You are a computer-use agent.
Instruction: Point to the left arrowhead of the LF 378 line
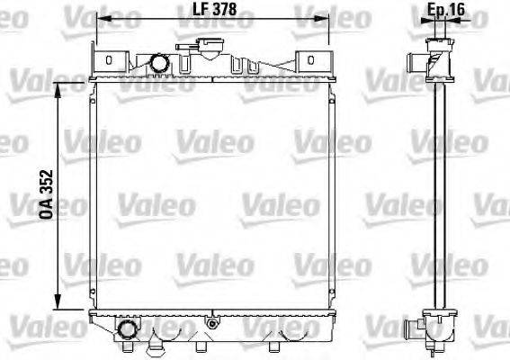tap(99, 19)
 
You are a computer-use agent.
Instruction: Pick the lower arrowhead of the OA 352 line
tap(59, 303)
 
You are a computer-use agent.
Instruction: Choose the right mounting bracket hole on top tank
tap(311, 60)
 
